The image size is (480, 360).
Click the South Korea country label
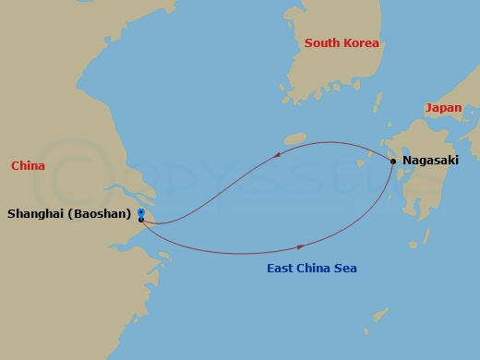pos(342,43)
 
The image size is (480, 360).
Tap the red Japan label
pos(443,108)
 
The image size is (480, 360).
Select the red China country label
pos(28,166)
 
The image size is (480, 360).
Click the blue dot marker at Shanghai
pos(140,212)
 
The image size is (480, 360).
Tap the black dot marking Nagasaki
pos(393,162)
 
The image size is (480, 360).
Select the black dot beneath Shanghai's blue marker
pos(140,220)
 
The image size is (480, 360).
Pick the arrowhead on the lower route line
pos(301,246)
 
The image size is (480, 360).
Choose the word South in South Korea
pos(322,43)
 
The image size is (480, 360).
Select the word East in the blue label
pos(281,269)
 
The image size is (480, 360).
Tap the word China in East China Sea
pos(315,269)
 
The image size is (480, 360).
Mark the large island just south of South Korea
pos(294,138)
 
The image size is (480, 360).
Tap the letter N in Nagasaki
pos(407,161)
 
